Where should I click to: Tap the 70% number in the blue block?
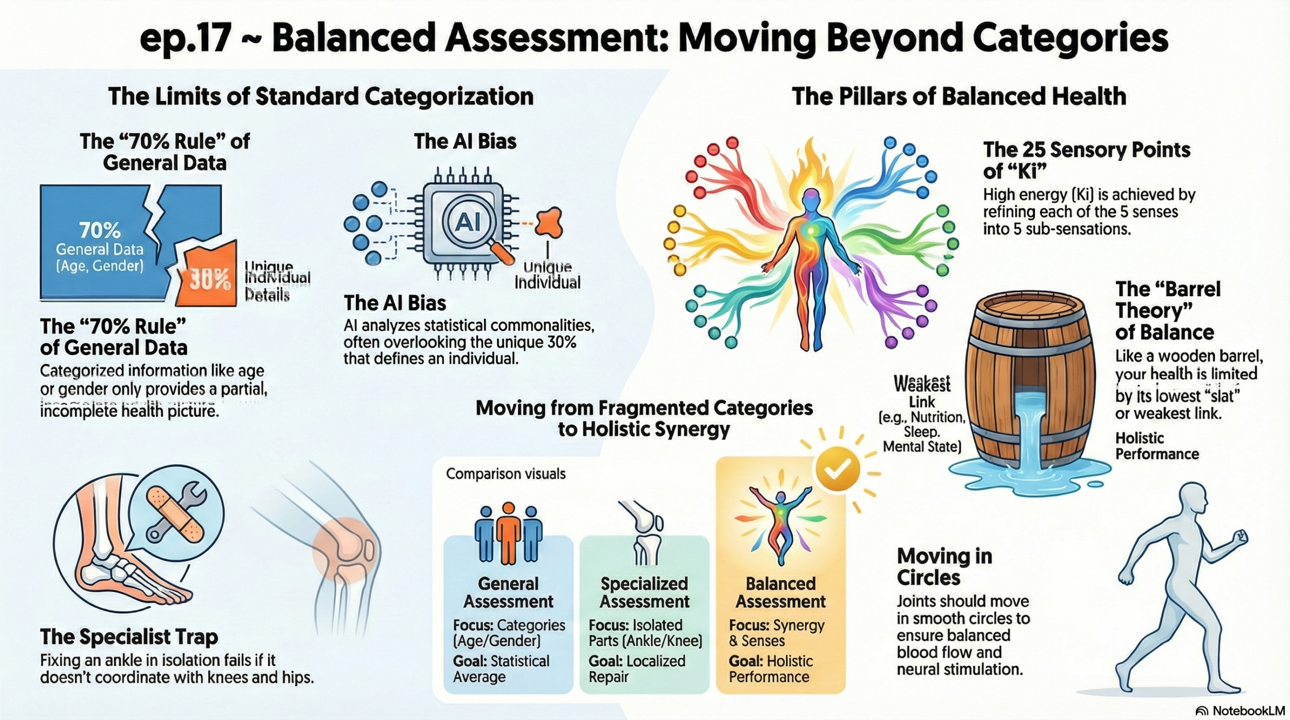(100, 231)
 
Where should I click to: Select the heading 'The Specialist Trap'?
(129, 636)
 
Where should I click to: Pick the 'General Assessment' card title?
(508, 593)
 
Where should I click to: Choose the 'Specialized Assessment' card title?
(644, 593)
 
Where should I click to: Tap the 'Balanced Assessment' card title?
(781, 593)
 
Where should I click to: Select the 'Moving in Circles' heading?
(944, 567)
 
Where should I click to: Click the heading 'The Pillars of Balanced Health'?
(959, 96)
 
